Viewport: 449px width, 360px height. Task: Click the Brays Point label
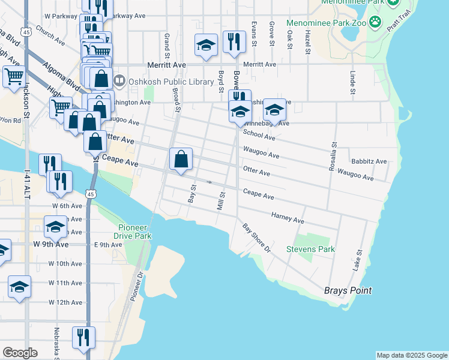pyautogui.click(x=348, y=290)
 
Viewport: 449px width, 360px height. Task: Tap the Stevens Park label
pyautogui.click(x=310, y=249)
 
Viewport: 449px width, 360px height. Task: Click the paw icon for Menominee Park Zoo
pyautogui.click(x=375, y=23)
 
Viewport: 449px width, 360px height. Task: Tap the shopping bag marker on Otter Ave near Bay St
pyautogui.click(x=181, y=160)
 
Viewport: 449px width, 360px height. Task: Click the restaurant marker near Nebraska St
pyautogui.click(x=83, y=337)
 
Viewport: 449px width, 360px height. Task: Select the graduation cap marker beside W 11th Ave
pyautogui.click(x=19, y=287)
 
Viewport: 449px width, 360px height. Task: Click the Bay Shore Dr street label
pyautogui.click(x=257, y=238)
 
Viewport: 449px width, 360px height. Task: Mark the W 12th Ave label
pyautogui.click(x=65, y=302)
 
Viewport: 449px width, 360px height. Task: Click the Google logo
pyautogui.click(x=20, y=352)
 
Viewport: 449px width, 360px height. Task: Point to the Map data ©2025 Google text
pyautogui.click(x=412, y=355)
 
